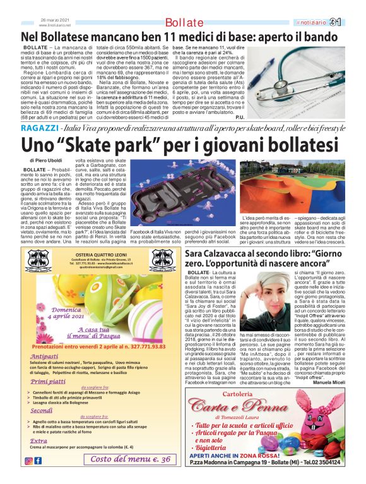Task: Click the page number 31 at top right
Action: click(352, 22)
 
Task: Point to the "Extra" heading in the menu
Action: click(38, 440)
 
